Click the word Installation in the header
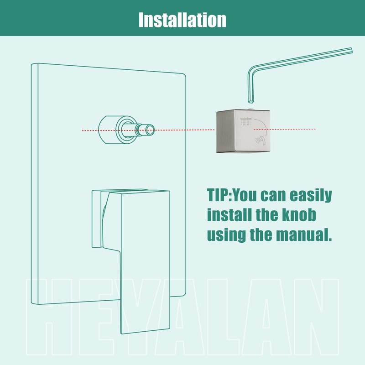tap(182, 20)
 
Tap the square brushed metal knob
tap(243, 131)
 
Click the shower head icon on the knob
tap(247, 121)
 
